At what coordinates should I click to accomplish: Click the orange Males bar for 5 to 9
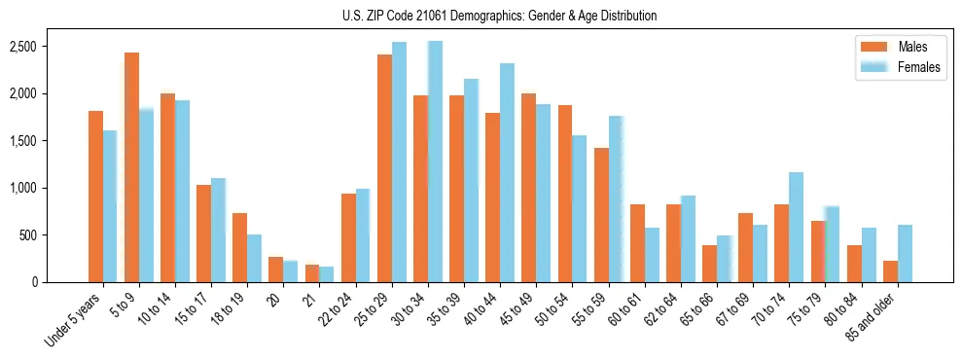pos(131,167)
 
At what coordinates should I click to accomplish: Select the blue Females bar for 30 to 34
pos(435,162)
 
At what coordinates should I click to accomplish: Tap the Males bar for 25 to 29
pos(384,168)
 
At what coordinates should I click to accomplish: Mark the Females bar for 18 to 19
pos(254,258)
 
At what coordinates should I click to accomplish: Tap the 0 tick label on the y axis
pos(60,282)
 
